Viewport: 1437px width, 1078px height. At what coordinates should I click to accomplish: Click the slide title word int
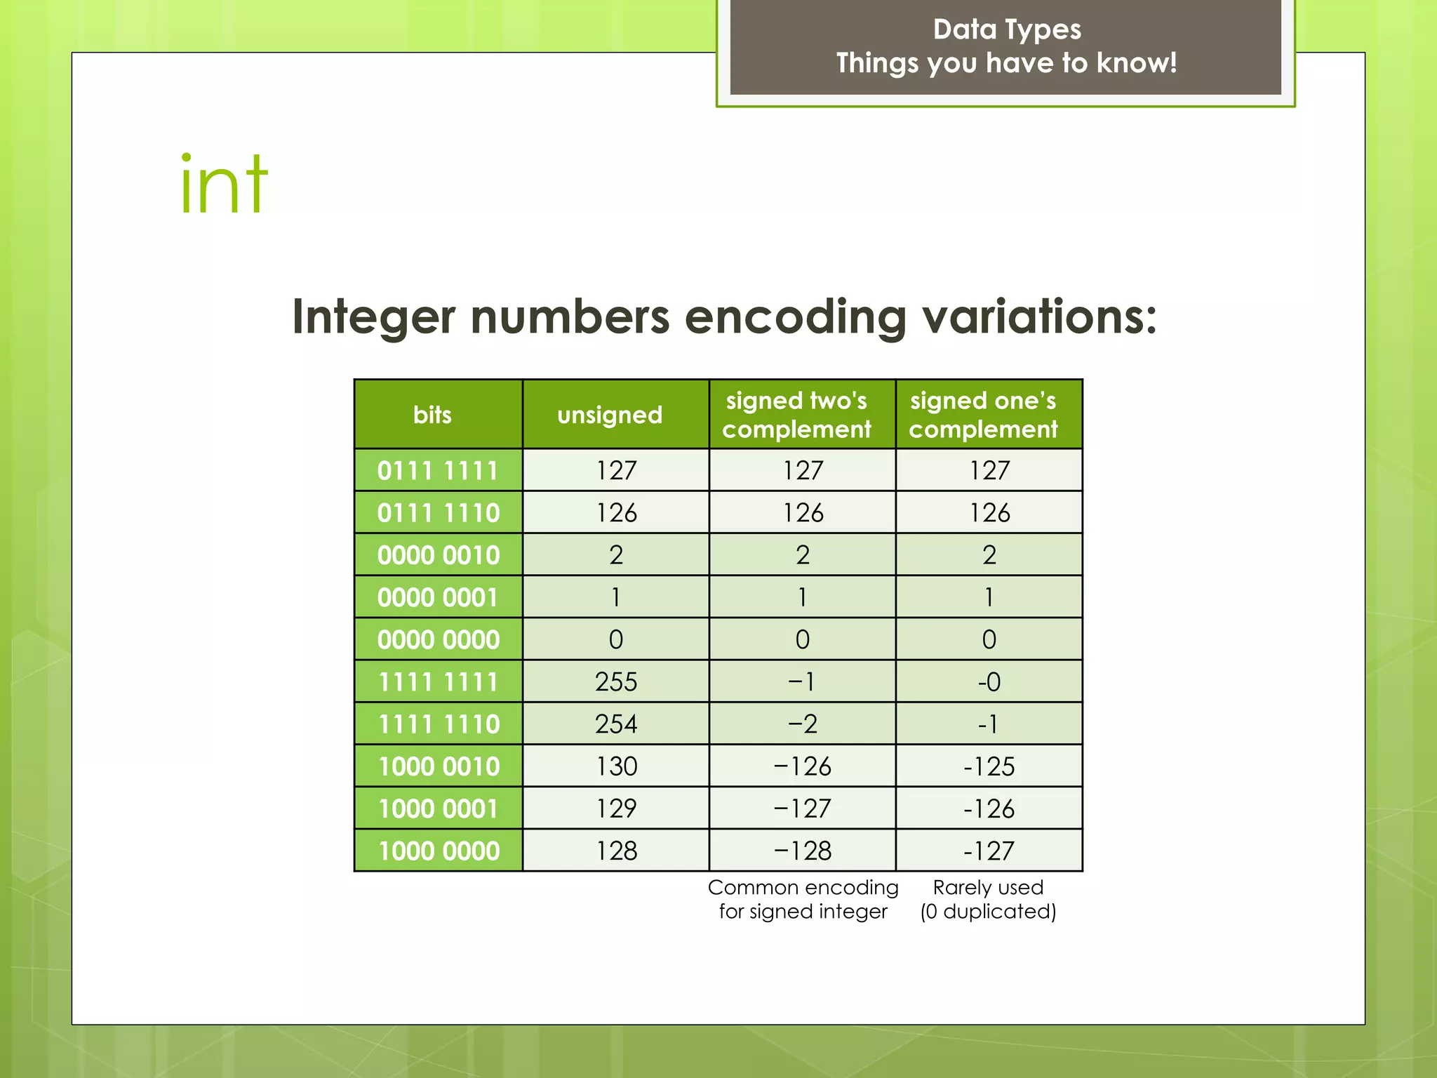224,185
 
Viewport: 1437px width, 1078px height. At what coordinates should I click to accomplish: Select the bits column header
432,415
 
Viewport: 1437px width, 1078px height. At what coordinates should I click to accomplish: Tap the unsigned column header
610,415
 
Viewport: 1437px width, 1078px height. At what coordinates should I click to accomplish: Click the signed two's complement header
797,415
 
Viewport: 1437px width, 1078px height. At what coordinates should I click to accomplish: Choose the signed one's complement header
983,415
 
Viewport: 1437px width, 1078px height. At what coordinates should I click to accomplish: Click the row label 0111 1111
438,470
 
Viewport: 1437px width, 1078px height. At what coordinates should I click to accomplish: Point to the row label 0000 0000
438,639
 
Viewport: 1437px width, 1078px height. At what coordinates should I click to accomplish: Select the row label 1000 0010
438,766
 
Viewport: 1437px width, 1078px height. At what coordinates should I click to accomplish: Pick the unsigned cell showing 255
616,681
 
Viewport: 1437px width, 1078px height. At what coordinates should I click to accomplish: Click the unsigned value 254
616,724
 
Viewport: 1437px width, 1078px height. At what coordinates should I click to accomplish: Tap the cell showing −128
802,851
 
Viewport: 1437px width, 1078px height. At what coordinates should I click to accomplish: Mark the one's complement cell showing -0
989,681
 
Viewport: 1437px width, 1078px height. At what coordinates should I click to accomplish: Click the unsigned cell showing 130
616,766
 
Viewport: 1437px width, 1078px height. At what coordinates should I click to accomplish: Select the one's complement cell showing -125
989,766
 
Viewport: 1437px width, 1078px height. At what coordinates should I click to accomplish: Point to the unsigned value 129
616,808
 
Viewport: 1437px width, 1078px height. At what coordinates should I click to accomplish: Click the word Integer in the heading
373,317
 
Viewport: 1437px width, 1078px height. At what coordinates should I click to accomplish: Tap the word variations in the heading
1038,317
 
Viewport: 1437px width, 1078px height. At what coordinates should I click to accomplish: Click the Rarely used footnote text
988,888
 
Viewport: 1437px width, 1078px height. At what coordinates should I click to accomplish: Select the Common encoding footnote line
803,888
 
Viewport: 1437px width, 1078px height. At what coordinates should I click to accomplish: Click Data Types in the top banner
1006,29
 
